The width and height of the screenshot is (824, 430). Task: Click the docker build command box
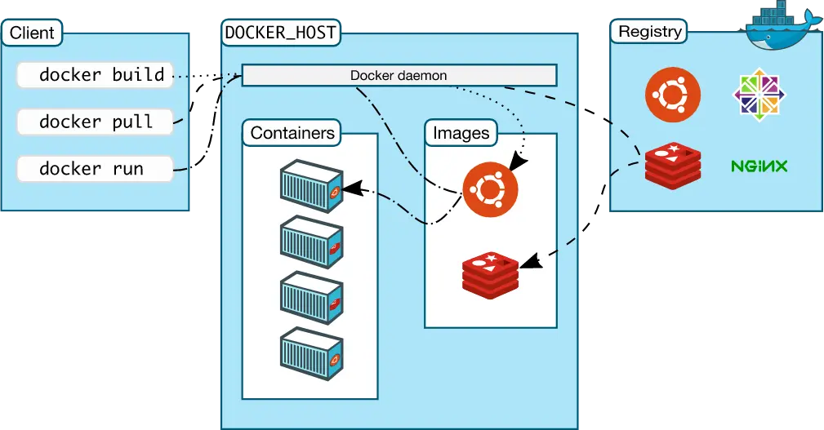[x=95, y=75]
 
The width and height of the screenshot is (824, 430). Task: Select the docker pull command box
[x=95, y=122]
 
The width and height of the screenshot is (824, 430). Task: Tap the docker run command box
[x=95, y=169]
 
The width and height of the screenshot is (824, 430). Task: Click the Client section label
[x=32, y=33]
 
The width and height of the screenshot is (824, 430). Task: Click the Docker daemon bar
[x=399, y=76]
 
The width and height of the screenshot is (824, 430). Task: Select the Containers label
[x=292, y=133]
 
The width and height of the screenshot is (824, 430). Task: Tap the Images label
[x=461, y=133]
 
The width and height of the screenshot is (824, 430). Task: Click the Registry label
[x=649, y=32]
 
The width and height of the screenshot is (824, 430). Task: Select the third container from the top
[x=311, y=300]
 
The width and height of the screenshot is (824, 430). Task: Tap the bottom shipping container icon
[x=311, y=356]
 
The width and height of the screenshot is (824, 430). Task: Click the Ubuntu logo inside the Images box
[x=490, y=189]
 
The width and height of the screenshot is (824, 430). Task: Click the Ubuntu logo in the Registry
[x=672, y=95]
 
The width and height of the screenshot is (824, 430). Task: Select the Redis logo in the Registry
[x=672, y=166]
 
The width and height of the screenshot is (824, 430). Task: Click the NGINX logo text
[x=759, y=166]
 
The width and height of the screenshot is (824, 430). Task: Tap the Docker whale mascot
[x=782, y=24]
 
